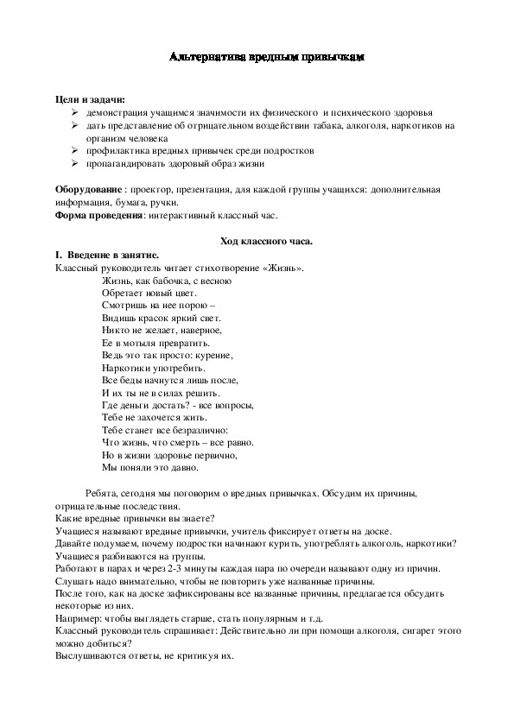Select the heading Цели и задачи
pyautogui.click(x=90, y=101)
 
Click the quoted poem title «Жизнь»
pyautogui.click(x=285, y=269)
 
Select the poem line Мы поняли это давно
pyautogui.click(x=149, y=468)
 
